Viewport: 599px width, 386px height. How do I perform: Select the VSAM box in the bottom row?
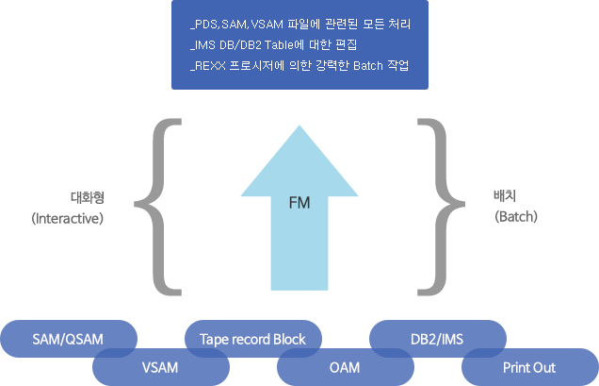[x=160, y=366]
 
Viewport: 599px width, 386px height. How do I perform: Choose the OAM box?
[x=344, y=366]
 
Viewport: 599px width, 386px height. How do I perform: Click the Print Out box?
[x=529, y=366]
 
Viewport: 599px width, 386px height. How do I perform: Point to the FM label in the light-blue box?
[x=299, y=203]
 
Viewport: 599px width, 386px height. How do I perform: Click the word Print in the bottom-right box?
[x=515, y=366]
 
